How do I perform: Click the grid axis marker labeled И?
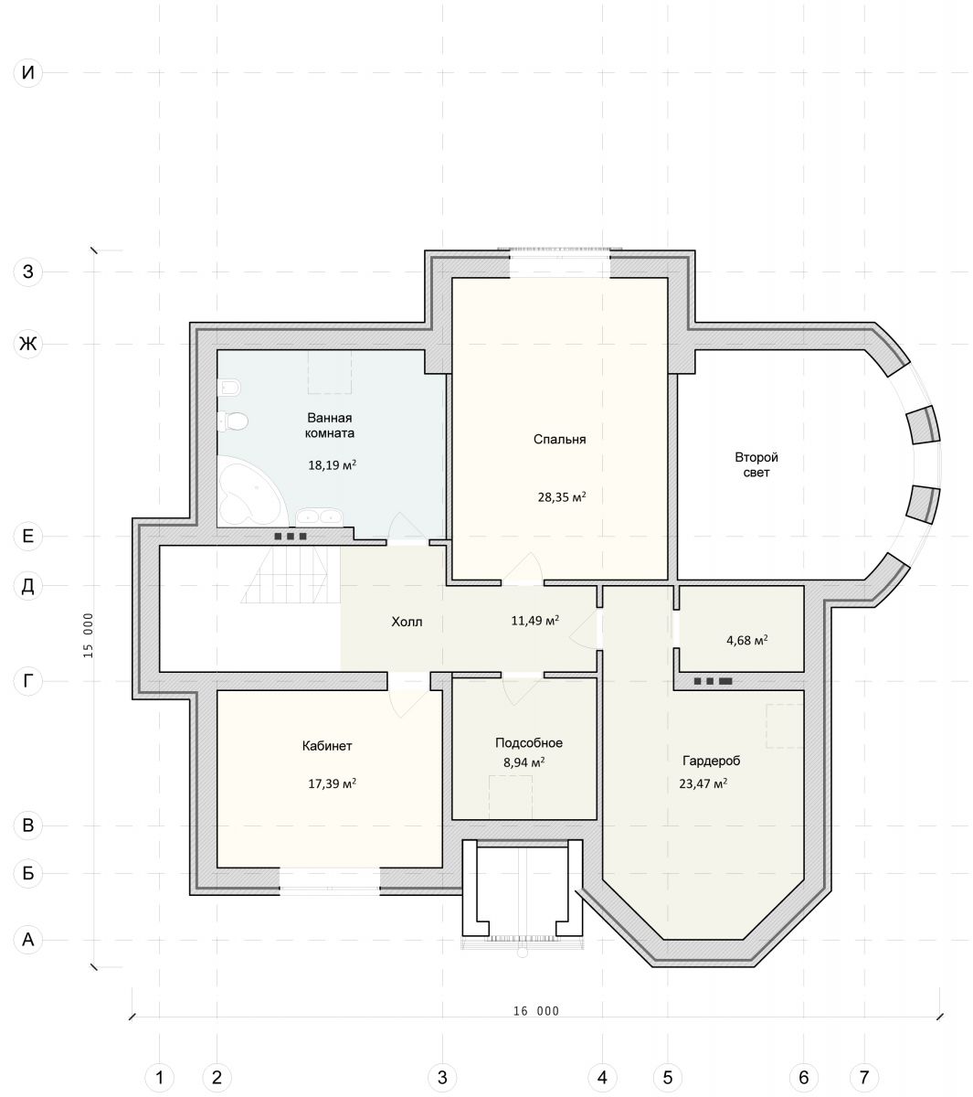coord(28,72)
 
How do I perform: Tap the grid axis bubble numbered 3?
coord(442,1077)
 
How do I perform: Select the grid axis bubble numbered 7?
coord(863,1077)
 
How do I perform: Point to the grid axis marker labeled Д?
coord(28,585)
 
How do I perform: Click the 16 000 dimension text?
coord(536,1010)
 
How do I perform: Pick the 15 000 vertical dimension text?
coord(89,635)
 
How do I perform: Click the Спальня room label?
coord(559,439)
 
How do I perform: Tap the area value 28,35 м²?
coord(562,496)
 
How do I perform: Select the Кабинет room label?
coord(327,746)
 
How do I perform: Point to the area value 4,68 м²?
coord(746,640)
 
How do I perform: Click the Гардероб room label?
coord(711,761)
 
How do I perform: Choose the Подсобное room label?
coord(529,743)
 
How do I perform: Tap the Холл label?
coord(407,622)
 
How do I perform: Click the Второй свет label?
coord(756,464)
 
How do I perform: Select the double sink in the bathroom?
coord(319,517)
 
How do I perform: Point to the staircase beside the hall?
coord(291,574)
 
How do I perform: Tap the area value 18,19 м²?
coord(332,464)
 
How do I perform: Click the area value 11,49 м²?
coord(534,620)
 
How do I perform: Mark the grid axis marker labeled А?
coord(28,940)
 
